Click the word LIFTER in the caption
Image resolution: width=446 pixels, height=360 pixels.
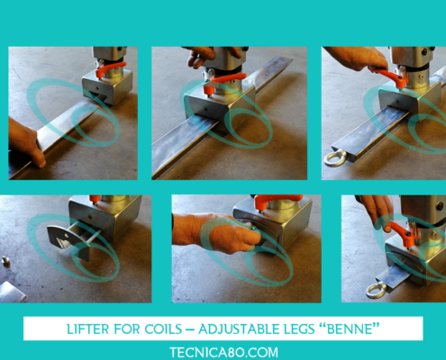click(x=87, y=329)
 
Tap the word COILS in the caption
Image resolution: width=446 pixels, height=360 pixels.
click(x=163, y=329)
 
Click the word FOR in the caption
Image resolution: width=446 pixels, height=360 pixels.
click(x=126, y=329)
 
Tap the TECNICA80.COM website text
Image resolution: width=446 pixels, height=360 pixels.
click(x=223, y=352)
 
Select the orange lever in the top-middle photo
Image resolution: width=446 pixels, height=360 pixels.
click(x=223, y=82)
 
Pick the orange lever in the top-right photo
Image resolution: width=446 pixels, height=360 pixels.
click(x=389, y=76)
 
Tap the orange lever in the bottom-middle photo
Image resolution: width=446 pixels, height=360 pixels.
click(x=278, y=200)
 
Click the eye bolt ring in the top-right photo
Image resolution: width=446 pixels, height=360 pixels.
click(x=335, y=158)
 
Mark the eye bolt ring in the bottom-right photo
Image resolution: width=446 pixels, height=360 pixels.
click(x=377, y=290)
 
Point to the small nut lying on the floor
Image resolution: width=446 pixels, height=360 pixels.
click(x=5, y=261)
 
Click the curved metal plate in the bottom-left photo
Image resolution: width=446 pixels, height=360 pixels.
click(x=68, y=240)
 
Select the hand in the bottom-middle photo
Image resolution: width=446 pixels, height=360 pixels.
click(x=218, y=232)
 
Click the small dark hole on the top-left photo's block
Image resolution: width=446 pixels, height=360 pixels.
click(x=98, y=88)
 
